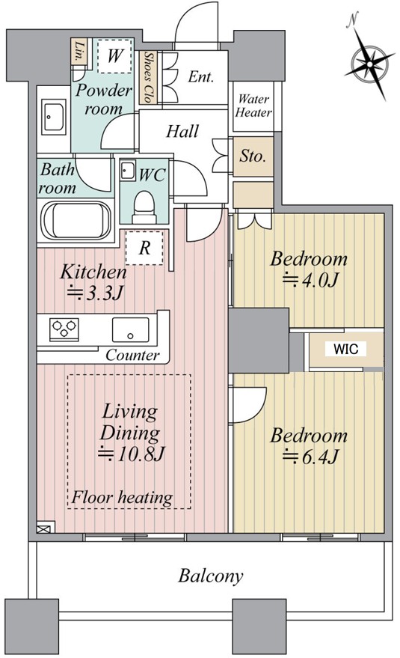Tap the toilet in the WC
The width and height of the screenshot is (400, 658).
144,207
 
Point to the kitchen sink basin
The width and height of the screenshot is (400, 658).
130,330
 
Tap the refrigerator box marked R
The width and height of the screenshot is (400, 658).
144,248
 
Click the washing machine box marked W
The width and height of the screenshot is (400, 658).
114,55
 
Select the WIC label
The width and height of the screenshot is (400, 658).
346,348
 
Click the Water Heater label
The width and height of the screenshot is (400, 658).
253,106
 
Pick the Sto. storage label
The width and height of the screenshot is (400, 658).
253,156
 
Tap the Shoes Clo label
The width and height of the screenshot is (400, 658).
147,78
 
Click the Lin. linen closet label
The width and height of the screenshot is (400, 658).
79,51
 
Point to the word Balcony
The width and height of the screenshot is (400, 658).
211,576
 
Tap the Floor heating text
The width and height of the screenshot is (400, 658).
122,497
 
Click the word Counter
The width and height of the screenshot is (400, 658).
132,355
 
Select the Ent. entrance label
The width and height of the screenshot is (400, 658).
201,77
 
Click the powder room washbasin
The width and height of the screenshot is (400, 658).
54,117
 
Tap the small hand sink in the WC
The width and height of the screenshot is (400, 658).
127,170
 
